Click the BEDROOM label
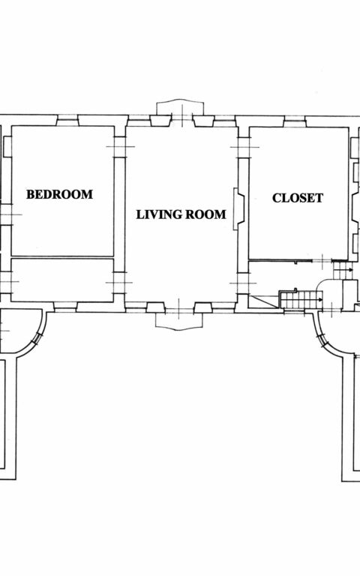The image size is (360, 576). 59,194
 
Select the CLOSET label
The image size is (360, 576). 298,198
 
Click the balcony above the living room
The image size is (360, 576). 180,107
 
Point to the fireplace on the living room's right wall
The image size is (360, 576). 238,209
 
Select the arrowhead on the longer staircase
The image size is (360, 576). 321,300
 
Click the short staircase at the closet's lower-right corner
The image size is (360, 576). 343,270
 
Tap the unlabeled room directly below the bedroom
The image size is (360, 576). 62,280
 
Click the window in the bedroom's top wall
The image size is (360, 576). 67,121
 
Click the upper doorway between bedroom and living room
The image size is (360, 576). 120,147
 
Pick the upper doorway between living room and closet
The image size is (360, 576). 244,147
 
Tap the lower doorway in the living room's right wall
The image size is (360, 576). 243,283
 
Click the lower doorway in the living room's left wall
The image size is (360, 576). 119,283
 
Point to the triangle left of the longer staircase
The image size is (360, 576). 263,301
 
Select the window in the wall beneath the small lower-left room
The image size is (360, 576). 65,307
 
